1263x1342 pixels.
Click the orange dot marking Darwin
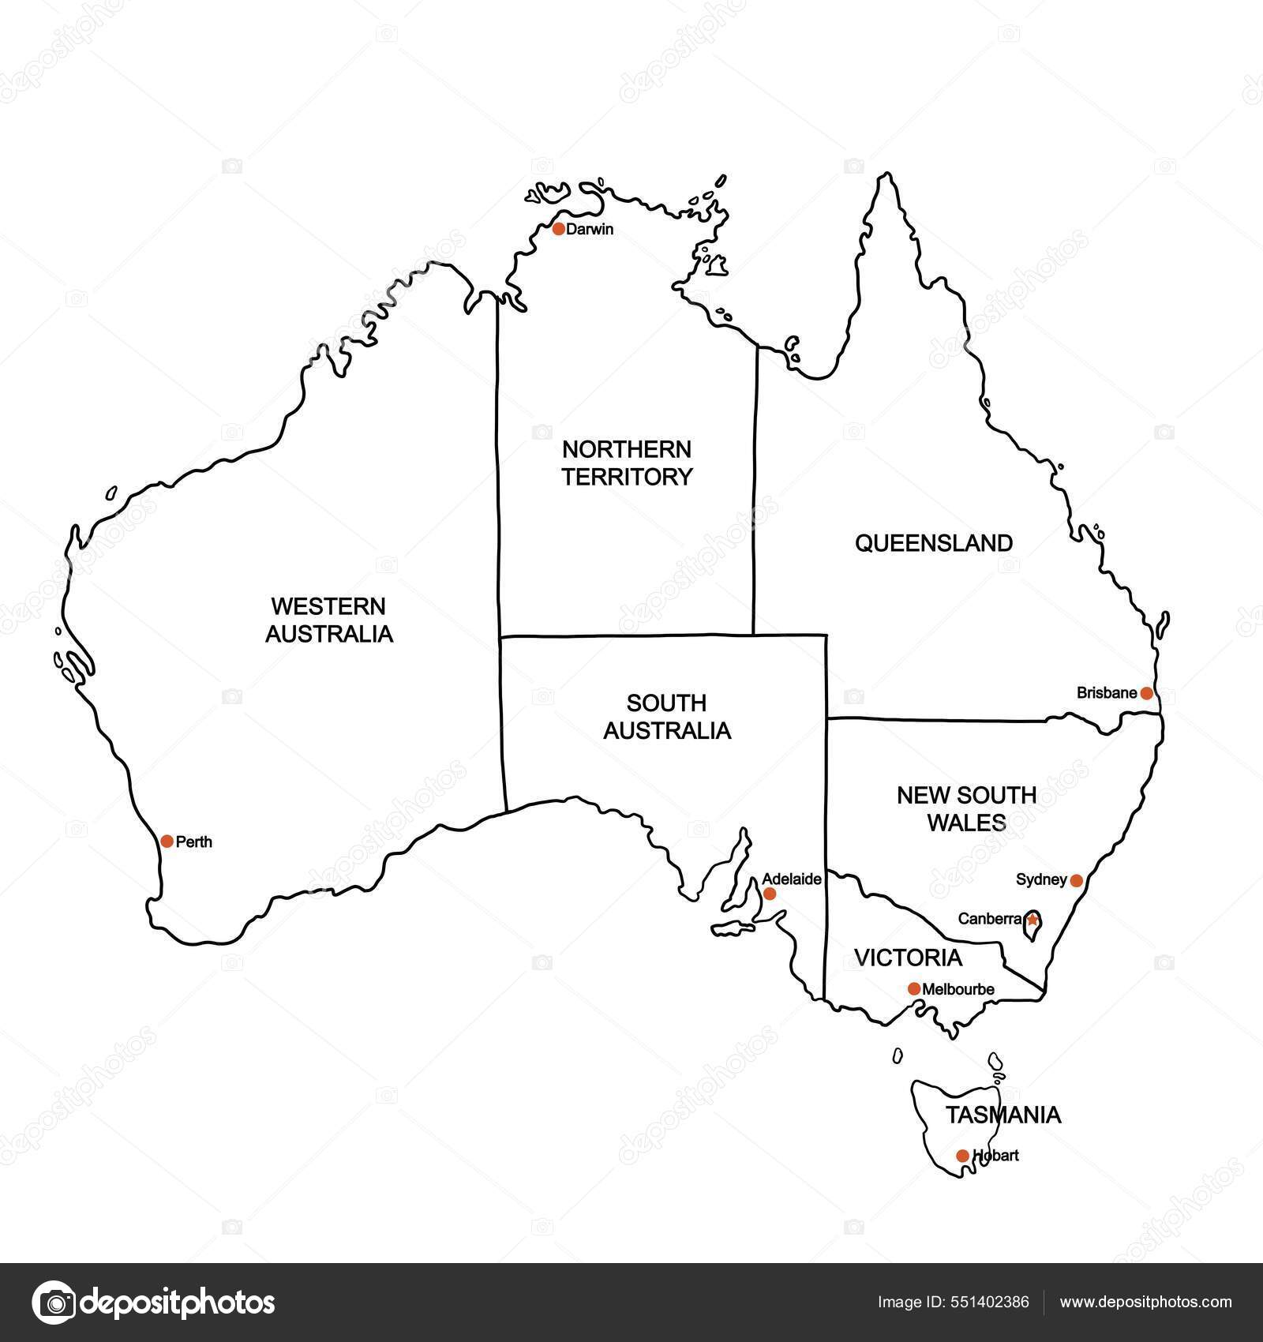click(559, 229)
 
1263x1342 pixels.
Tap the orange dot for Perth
click(167, 842)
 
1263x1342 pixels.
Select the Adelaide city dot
click(770, 894)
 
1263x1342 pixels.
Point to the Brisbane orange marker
click(1146, 693)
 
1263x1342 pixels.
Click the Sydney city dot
click(1074, 879)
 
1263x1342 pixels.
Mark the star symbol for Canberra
click(1032, 919)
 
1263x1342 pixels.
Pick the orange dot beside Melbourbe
click(914, 988)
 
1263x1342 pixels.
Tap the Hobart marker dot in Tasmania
click(962, 1156)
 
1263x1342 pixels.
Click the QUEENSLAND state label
click(934, 543)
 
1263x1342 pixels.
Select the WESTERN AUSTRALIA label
click(328, 620)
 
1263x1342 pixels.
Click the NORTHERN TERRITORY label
click(627, 463)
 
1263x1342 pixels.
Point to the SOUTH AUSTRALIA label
click(667, 717)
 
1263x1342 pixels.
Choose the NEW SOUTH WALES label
click(966, 808)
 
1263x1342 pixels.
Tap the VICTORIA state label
click(909, 958)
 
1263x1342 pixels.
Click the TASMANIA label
click(1003, 1115)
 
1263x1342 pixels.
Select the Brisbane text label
click(1107, 693)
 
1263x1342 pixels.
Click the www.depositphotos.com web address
click(1145, 1302)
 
